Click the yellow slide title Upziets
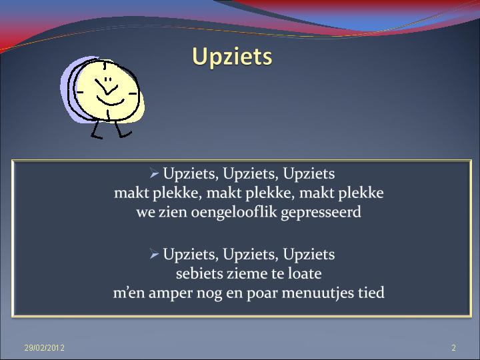tap(232, 57)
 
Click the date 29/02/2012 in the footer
tap(45, 348)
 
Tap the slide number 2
tap(454, 348)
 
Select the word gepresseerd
tap(321, 213)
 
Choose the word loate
tap(305, 273)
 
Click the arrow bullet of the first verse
tap(154, 173)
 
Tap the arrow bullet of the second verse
tap(154, 254)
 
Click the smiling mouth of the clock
tap(110, 101)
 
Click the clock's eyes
tap(108, 79)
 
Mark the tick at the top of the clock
tap(105, 66)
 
